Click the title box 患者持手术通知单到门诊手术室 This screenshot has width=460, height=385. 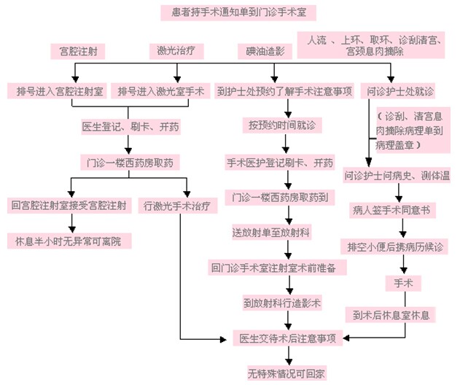(x=238, y=12)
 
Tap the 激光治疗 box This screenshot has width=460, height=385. (x=176, y=51)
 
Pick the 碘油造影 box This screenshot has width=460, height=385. (x=265, y=52)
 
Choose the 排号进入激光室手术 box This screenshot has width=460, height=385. (x=162, y=91)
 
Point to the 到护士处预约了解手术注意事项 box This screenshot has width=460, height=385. (x=285, y=91)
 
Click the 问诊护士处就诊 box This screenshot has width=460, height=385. (x=399, y=91)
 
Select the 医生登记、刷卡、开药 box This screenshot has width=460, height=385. (x=130, y=126)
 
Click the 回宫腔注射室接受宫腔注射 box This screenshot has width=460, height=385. (x=69, y=205)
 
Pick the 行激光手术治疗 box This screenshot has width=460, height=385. (x=178, y=206)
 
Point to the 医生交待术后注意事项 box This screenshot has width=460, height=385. (x=287, y=338)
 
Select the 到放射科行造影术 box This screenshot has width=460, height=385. (x=282, y=300)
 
